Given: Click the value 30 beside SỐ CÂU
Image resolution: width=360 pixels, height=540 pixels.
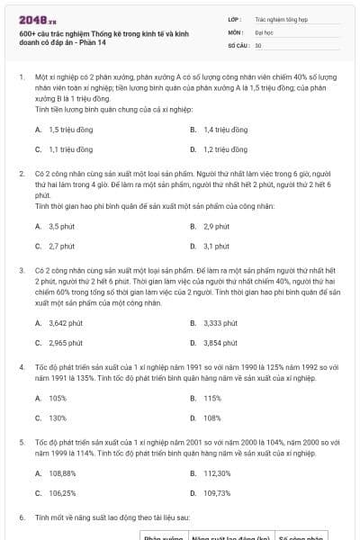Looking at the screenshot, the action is pyautogui.click(x=258, y=44).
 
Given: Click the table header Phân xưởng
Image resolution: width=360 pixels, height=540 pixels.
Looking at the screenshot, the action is pyautogui.click(x=164, y=536).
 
